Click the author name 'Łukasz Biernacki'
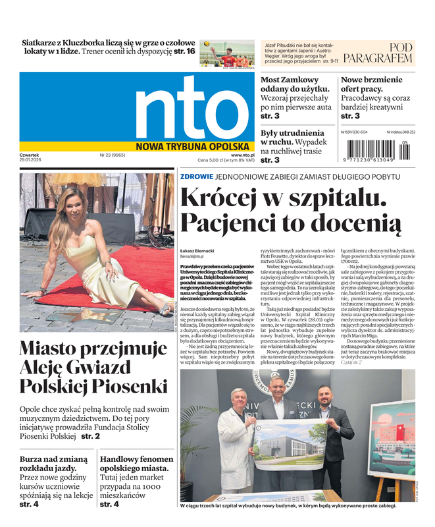[197, 251]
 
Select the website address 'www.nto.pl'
[243, 155]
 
